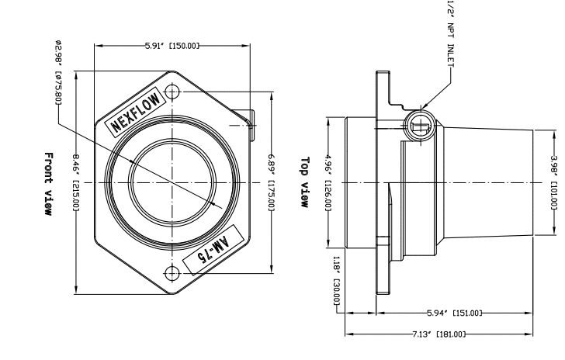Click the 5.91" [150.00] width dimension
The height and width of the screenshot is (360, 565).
tap(172, 46)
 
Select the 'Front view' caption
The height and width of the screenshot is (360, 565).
tap(49, 183)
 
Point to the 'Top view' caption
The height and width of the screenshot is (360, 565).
tap(305, 183)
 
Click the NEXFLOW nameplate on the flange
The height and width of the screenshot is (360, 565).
tap(137, 111)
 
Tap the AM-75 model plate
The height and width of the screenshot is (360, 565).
tap(210, 252)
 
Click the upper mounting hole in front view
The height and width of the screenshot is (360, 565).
tap(173, 92)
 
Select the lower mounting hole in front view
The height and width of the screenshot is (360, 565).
tap(173, 273)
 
